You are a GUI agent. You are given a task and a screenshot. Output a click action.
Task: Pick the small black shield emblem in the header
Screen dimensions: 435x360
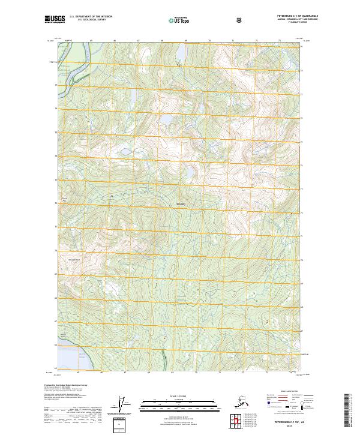pyautogui.click(x=239, y=20)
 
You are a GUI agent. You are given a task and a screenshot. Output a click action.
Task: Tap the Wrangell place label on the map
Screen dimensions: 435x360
pyautogui.click(x=181, y=205)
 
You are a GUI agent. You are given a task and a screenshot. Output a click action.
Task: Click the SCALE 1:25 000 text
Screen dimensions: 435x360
pyautogui.click(x=177, y=395)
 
